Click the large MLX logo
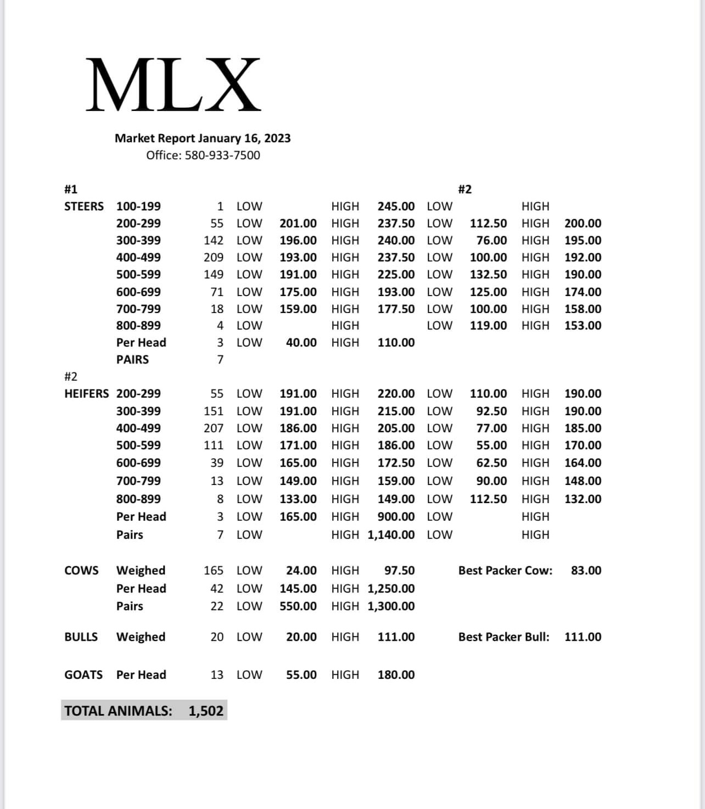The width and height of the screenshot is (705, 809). pyautogui.click(x=173, y=85)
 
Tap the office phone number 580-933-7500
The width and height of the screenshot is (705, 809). pyautogui.click(x=222, y=155)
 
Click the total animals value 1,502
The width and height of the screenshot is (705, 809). pyautogui.click(x=206, y=711)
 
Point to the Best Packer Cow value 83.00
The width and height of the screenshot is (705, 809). pyautogui.click(x=586, y=571)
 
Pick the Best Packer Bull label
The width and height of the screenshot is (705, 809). pyautogui.click(x=503, y=637)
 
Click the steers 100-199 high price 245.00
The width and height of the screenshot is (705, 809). pyautogui.click(x=396, y=207)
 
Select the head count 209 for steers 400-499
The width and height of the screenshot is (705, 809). pyautogui.click(x=214, y=258)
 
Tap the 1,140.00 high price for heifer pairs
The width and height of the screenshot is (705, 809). pyautogui.click(x=391, y=535)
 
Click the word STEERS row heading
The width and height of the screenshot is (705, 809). pyautogui.click(x=84, y=207)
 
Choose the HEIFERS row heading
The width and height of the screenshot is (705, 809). pyautogui.click(x=86, y=394)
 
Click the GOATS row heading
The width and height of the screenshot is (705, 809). pyautogui.click(x=83, y=675)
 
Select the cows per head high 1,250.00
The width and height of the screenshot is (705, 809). pyautogui.click(x=391, y=589)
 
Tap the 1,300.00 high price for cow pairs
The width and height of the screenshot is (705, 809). pyautogui.click(x=391, y=606)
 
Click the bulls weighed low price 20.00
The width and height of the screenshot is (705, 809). pyautogui.click(x=301, y=637)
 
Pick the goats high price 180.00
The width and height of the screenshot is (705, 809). pyautogui.click(x=396, y=675)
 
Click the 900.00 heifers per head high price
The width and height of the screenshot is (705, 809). pyautogui.click(x=396, y=517)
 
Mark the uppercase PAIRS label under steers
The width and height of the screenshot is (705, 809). pyautogui.click(x=132, y=360)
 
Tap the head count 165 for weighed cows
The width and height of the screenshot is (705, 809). pyautogui.click(x=214, y=571)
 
